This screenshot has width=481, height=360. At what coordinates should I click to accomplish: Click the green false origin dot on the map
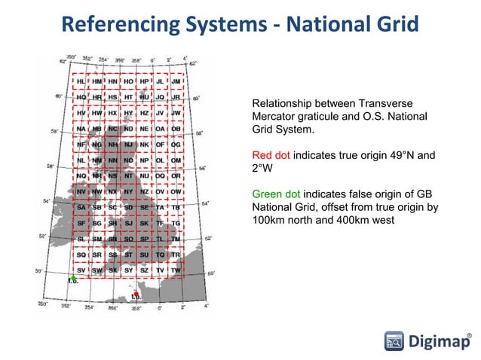(72, 279)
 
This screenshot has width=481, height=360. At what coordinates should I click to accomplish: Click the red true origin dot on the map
(136, 294)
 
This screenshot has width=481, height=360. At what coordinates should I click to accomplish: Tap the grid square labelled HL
(81, 81)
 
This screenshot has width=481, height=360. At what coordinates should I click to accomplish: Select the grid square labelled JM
(176, 81)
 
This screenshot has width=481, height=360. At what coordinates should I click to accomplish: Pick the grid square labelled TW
(176, 270)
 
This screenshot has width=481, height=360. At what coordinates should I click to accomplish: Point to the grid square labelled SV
(81, 270)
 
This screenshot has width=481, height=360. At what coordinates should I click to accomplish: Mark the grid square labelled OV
(160, 191)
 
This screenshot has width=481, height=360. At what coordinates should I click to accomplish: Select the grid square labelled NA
(81, 128)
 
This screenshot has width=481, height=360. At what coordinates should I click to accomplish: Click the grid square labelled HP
(144, 81)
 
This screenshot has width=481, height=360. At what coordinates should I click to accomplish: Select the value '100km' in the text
(269, 221)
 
